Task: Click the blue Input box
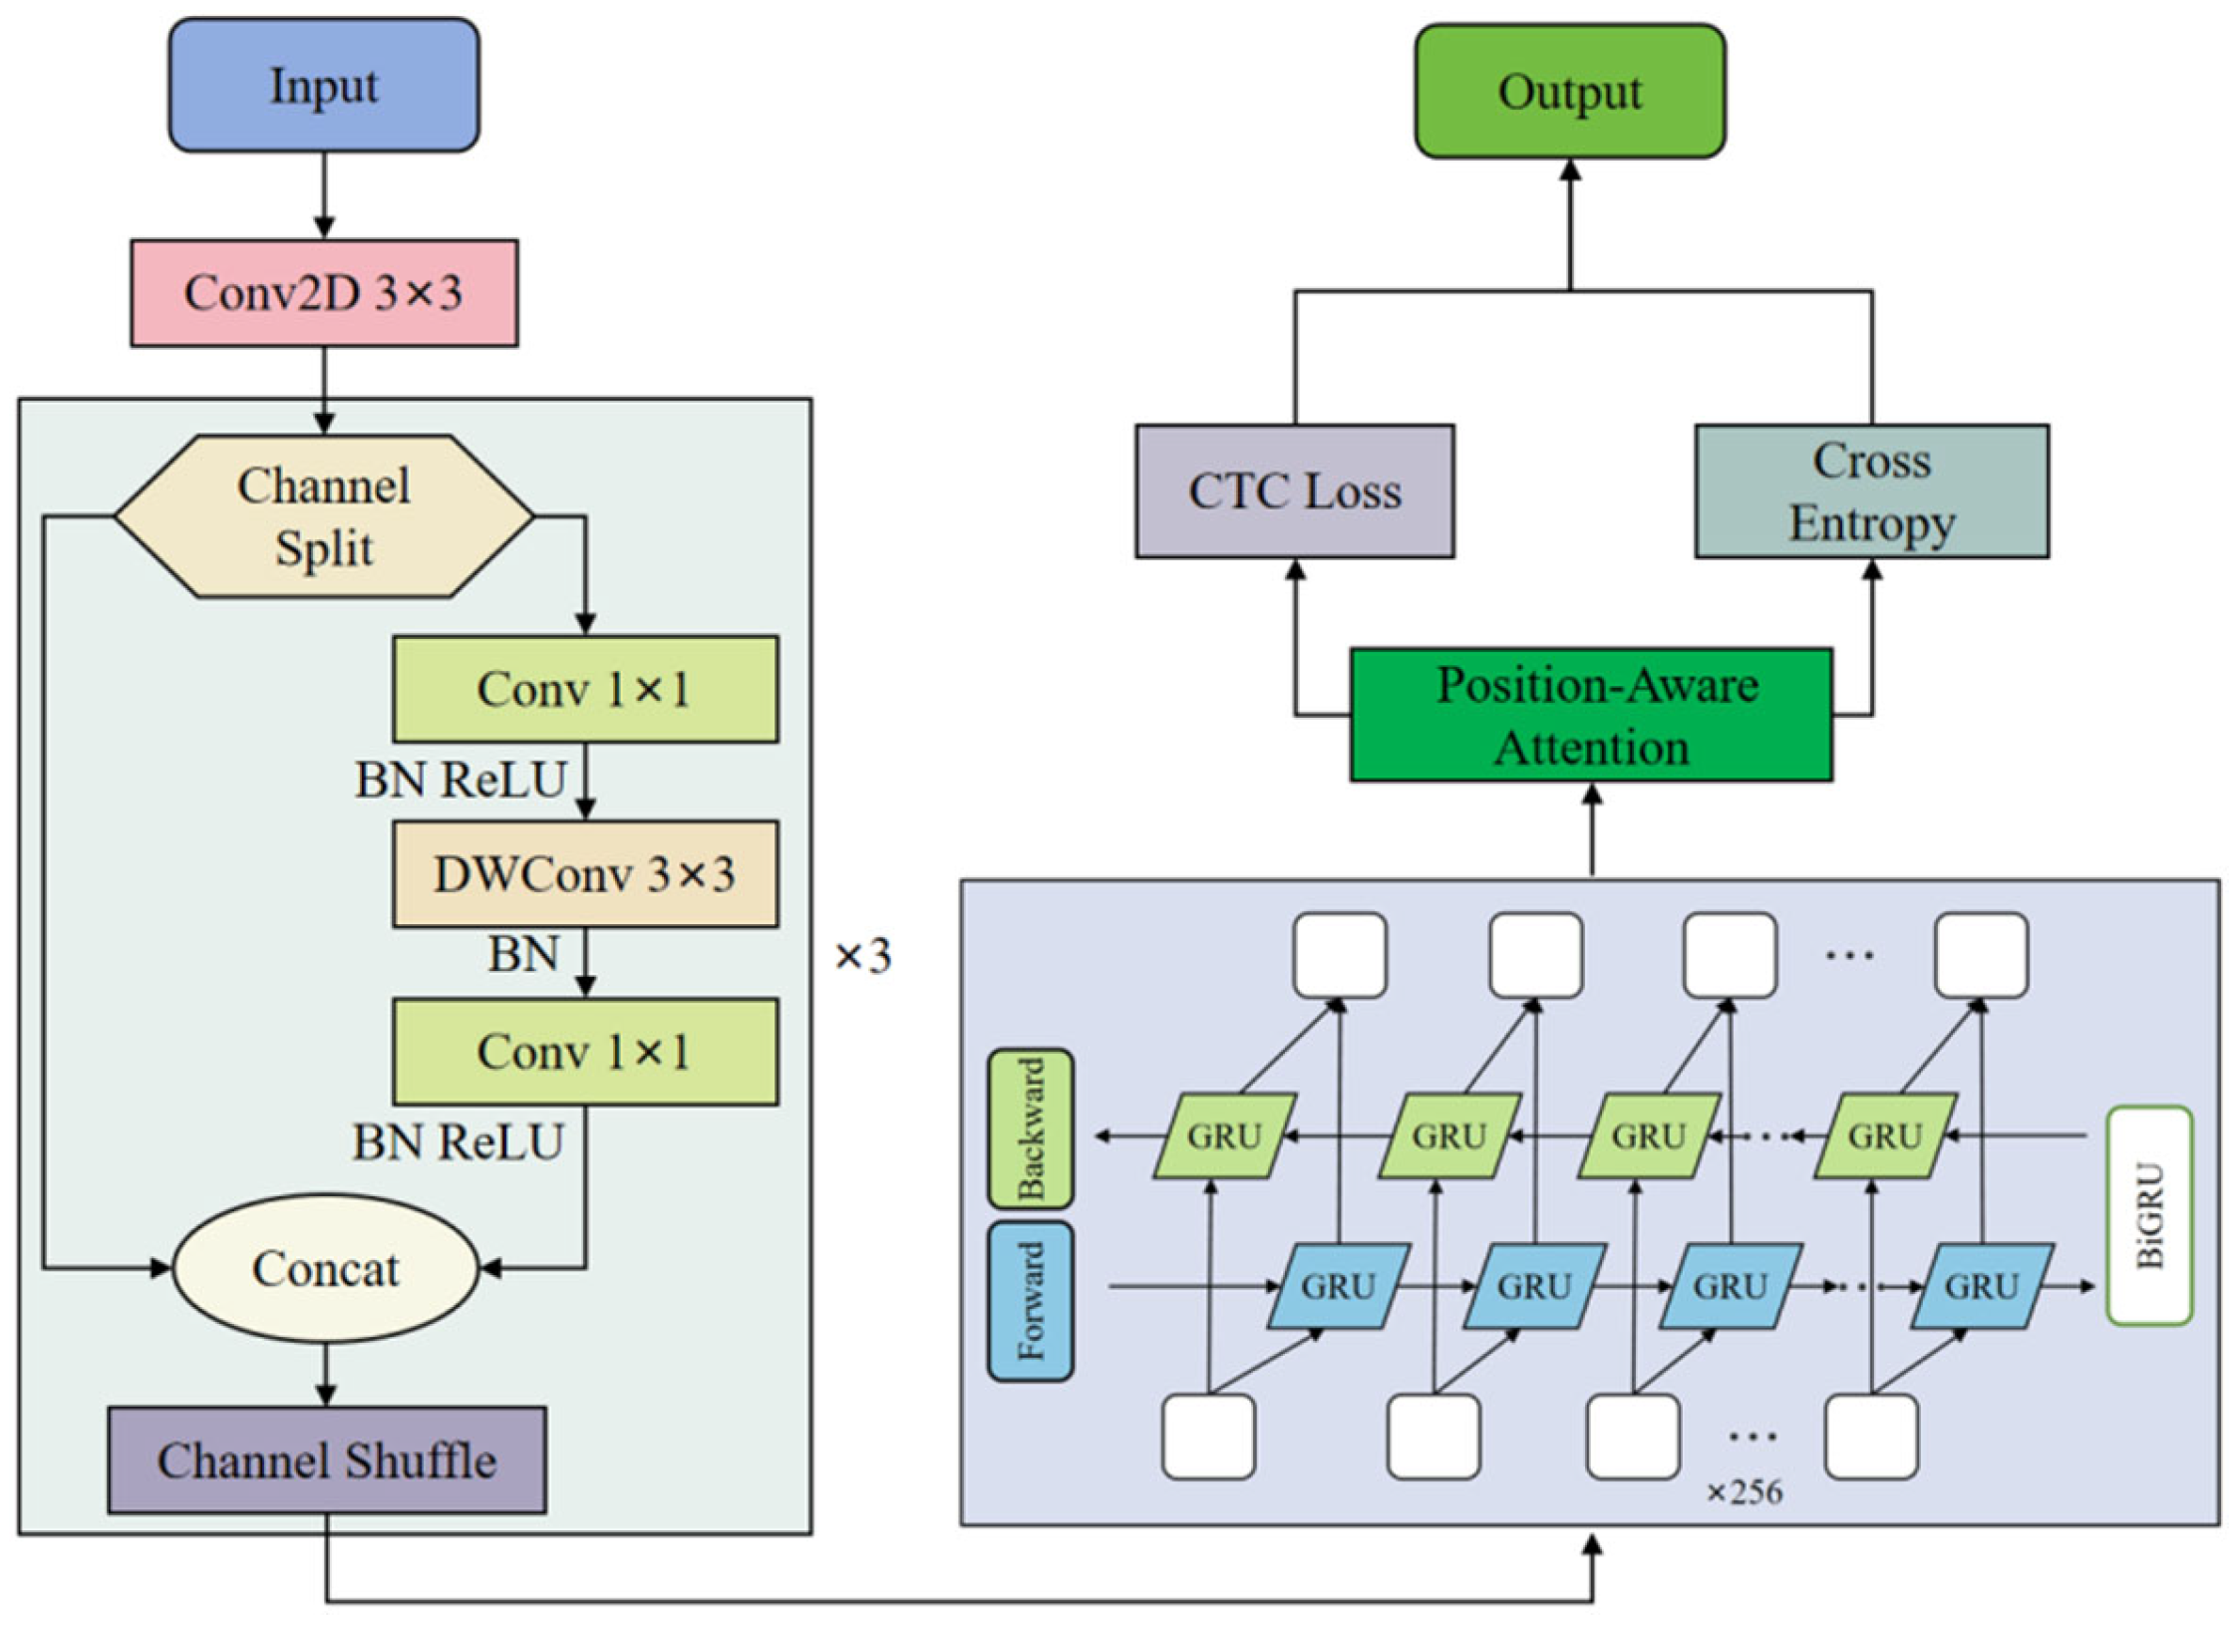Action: pyautogui.click(x=323, y=86)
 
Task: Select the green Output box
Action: pyautogui.click(x=1569, y=92)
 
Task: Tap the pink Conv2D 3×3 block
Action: pyautogui.click(x=323, y=293)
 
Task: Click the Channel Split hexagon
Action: pyautogui.click(x=323, y=516)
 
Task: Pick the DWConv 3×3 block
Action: pyautogui.click(x=585, y=874)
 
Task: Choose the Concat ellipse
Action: pyautogui.click(x=325, y=1269)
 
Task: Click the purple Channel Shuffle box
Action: pyautogui.click(x=326, y=1461)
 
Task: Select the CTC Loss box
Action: pyautogui.click(x=1294, y=491)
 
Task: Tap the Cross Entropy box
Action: pyautogui.click(x=1871, y=491)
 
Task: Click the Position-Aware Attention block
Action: pyautogui.click(x=1591, y=715)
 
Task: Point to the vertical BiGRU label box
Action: pyautogui.click(x=2148, y=1215)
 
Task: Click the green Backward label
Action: pyautogui.click(x=1030, y=1129)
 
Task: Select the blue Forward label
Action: pyautogui.click(x=1030, y=1301)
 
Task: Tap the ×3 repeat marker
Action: pyautogui.click(x=862, y=956)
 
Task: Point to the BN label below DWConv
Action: pyautogui.click(x=523, y=955)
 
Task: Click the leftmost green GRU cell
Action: pyautogui.click(x=1224, y=1136)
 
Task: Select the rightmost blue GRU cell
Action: pyautogui.click(x=1981, y=1286)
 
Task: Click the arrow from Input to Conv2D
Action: pyautogui.click(x=323, y=195)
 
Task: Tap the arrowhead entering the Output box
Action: pyautogui.click(x=1570, y=169)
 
